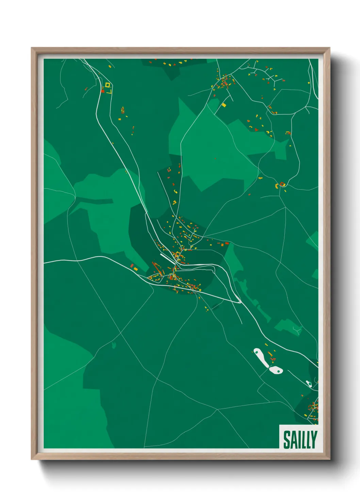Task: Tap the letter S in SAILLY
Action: (287, 440)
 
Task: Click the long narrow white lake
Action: (261, 357)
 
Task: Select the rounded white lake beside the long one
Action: (276, 370)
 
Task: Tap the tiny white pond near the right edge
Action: (309, 384)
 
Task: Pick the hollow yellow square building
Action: (108, 85)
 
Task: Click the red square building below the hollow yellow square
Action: (103, 91)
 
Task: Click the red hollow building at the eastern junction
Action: (282, 184)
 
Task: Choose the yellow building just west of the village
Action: (136, 269)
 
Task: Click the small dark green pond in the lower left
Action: (114, 345)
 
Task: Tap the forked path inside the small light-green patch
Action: (297, 329)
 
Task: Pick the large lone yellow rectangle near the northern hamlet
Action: (224, 105)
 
